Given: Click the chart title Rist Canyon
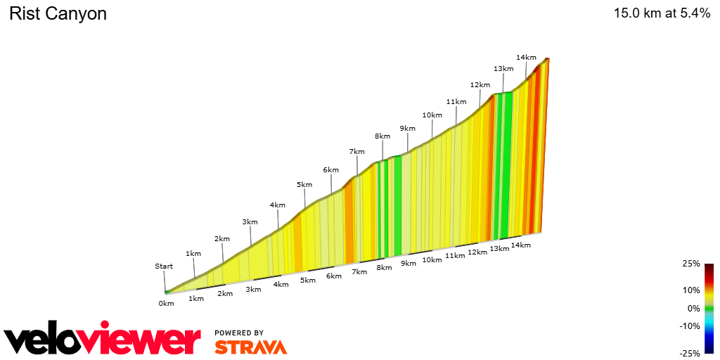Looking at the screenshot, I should (x=58, y=13).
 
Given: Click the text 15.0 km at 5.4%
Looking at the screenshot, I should (x=662, y=13).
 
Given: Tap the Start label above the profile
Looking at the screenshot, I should (x=164, y=266).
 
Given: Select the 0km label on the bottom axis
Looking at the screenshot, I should (x=166, y=304).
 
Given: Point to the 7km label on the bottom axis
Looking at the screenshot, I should (x=359, y=272).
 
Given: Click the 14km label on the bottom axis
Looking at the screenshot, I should (x=520, y=245).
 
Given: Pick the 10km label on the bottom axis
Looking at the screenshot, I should (x=432, y=260).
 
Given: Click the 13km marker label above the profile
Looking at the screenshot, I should (x=503, y=68).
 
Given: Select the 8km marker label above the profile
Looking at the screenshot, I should (x=382, y=136).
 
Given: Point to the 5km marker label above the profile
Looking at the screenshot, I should (x=304, y=184).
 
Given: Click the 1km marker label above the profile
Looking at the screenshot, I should (x=193, y=253).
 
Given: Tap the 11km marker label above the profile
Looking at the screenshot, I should (x=456, y=101).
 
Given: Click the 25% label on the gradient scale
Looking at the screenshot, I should (x=691, y=264).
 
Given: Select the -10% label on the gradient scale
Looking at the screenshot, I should (x=690, y=326).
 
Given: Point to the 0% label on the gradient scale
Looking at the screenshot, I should (x=693, y=308).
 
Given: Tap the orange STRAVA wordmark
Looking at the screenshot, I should (x=250, y=347).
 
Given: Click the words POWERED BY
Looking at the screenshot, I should (x=239, y=333).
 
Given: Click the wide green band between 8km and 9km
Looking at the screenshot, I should (x=398, y=204).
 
